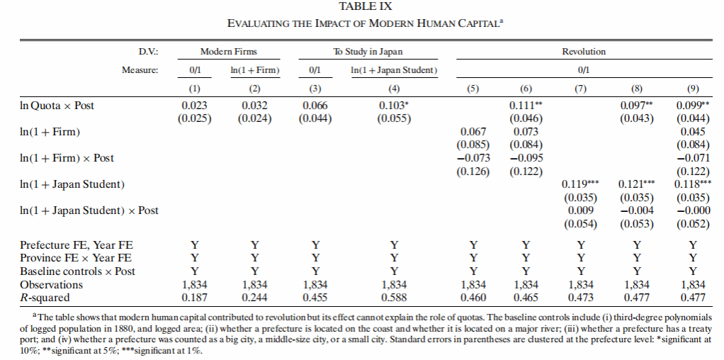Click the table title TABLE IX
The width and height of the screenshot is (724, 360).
coord(366,6)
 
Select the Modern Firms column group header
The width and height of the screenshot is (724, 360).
coord(229,52)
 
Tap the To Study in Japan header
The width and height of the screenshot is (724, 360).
coord(368,52)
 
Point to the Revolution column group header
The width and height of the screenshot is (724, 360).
coord(584,52)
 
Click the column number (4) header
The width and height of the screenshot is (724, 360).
coord(394,89)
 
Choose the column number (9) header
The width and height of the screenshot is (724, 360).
coord(693,89)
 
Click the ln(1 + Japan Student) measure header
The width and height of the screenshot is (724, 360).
coord(394,70)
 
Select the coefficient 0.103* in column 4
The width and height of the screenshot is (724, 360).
coord(394,106)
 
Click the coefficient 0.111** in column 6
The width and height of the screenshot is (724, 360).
coord(526,106)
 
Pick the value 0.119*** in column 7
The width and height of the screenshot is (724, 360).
coord(580,184)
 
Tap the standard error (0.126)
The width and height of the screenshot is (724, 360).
coord(473,171)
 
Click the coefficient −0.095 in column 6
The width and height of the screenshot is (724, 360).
coord(526,158)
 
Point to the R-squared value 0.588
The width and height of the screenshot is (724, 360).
coord(394,298)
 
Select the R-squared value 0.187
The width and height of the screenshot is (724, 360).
coord(195,298)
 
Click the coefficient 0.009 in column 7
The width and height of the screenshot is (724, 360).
coord(580,210)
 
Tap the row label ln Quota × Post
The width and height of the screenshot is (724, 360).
coord(57,106)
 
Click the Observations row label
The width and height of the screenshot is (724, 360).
coord(51,285)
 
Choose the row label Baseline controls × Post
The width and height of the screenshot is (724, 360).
coord(78,271)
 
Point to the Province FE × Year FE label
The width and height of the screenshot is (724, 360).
coord(76,258)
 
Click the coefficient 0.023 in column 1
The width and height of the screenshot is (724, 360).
coord(195,106)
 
